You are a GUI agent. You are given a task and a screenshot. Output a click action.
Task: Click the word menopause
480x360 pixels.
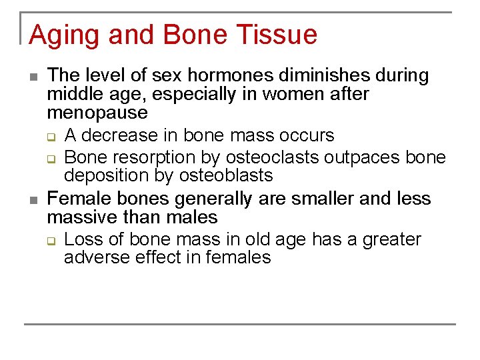97,113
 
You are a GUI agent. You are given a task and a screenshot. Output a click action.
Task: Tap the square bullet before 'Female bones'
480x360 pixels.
33,199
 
